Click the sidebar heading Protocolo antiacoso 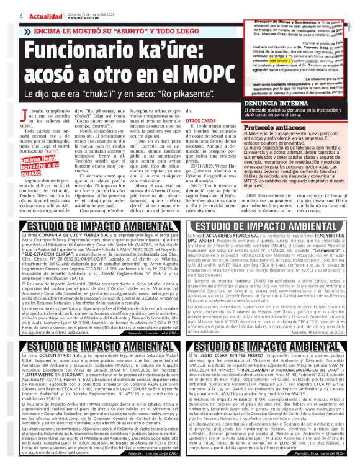tap(276, 128)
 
